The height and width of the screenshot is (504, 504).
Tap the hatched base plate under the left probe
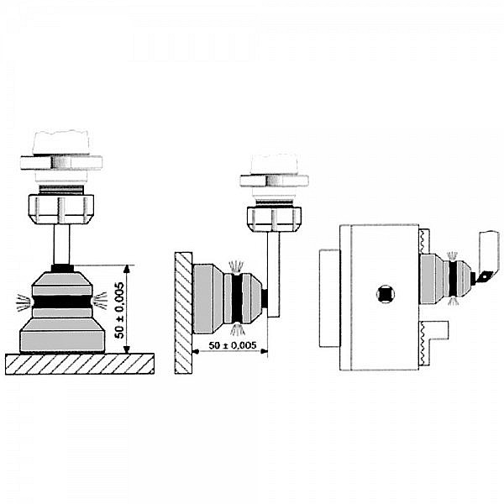(80, 363)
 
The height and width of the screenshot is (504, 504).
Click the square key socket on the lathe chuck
(386, 295)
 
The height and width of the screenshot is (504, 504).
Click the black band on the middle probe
(238, 297)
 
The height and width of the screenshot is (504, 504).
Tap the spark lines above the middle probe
(239, 264)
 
